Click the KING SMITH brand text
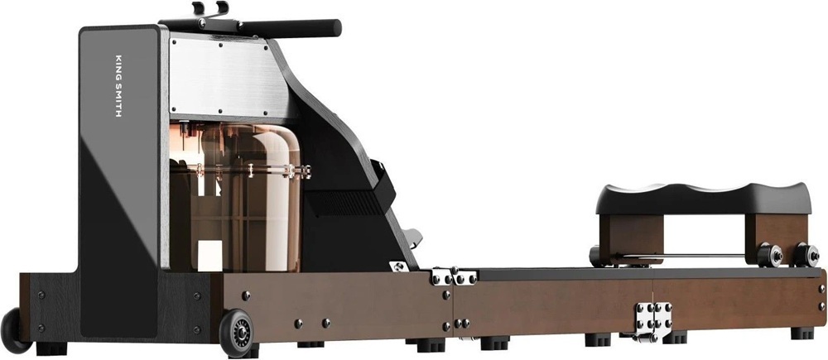118,85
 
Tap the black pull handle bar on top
289,27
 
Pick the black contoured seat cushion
703,199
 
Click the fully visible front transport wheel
236,333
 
